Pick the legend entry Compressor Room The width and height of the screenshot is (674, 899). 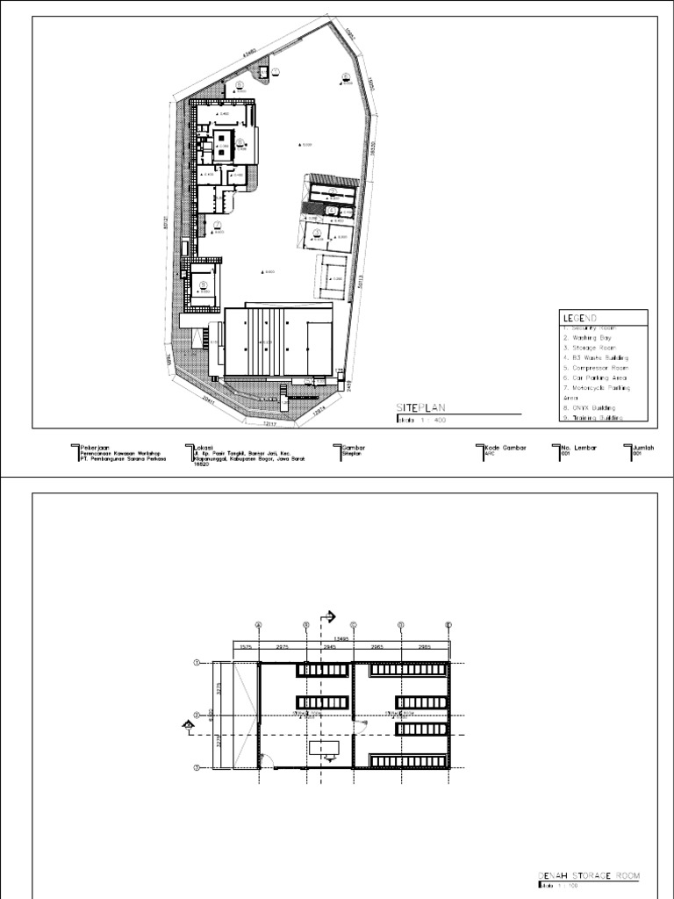tap(594, 368)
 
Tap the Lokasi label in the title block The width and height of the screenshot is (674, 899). tap(204, 446)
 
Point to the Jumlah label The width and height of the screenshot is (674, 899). tap(644, 446)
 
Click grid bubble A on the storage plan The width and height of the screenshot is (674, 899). tap(259, 625)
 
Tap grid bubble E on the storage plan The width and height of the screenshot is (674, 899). tap(448, 625)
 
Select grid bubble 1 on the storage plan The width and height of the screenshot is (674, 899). tap(197, 664)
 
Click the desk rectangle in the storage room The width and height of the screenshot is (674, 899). tap(323, 748)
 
